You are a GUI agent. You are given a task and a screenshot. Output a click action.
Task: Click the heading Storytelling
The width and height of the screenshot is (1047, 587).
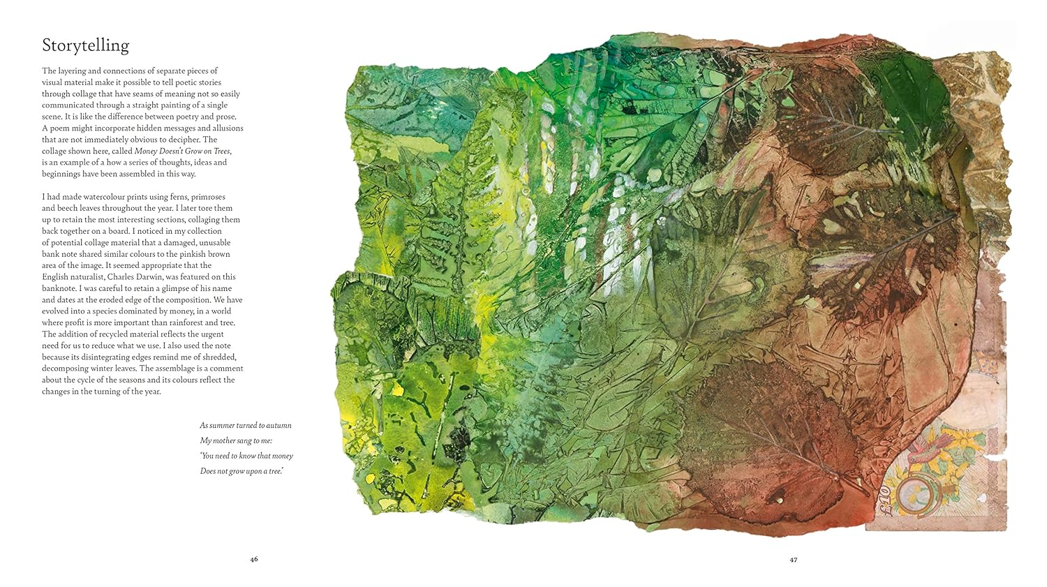pos(85,46)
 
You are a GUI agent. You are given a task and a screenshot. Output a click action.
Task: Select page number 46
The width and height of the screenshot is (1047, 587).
pos(254,559)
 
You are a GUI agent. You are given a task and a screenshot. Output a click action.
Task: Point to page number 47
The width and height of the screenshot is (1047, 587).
pos(794,559)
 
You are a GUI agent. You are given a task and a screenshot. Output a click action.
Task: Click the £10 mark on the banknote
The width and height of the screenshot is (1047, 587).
pos(884,499)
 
